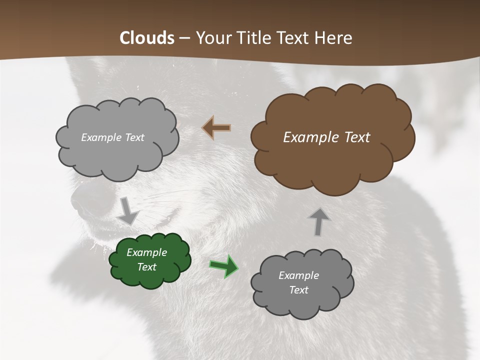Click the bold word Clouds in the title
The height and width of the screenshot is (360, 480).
coord(147,38)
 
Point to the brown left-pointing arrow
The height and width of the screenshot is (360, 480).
coord(216,128)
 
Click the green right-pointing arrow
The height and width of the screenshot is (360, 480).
coord(223,266)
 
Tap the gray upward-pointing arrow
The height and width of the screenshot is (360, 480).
coord(318,221)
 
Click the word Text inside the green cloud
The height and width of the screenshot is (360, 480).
coord(146,267)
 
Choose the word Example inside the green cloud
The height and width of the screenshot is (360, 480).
coord(146,252)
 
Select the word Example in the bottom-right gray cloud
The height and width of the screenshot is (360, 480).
coord(298,275)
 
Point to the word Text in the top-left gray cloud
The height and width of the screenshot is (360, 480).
coord(133,137)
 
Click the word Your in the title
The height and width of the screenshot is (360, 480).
coord(213,38)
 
